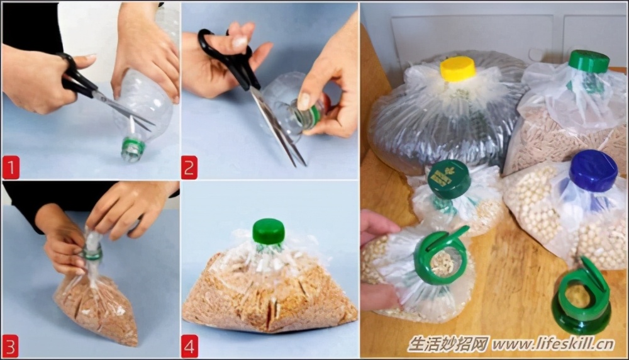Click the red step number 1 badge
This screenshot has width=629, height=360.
11,168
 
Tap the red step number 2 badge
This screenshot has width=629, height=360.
189,167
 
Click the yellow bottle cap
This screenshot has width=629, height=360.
458,69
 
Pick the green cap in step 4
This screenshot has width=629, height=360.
269,232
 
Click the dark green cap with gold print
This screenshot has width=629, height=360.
449,179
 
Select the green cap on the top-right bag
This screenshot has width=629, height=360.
589,62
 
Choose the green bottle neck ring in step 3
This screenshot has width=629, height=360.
92,254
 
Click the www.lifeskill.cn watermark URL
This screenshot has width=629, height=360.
553,344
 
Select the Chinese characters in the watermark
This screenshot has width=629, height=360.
448,344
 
